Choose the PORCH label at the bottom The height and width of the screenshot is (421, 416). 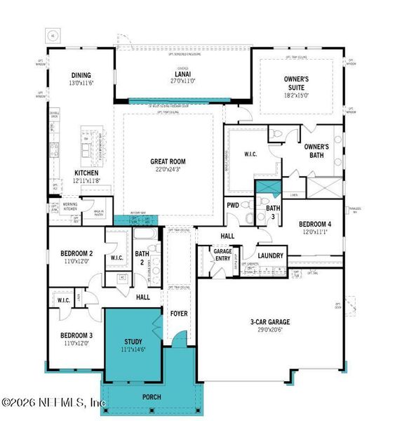point(151,397)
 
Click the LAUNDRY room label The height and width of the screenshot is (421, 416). point(270,255)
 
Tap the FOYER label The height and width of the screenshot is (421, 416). point(180,313)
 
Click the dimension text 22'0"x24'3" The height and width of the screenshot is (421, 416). point(166,168)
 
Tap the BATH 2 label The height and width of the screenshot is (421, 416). point(142,258)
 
